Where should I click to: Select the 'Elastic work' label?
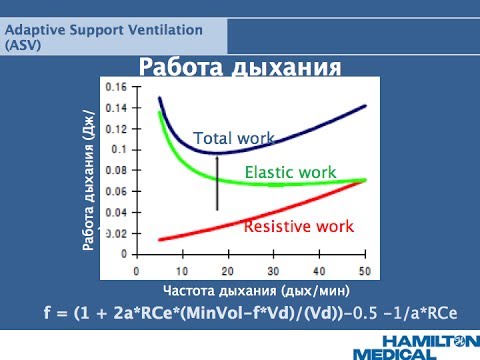292,172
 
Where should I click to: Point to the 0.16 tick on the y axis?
118,87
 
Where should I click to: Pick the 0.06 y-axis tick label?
118,191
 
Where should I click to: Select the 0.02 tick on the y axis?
118,233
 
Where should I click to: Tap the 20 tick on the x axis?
228,271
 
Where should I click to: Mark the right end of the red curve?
365,181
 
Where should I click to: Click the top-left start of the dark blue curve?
160,98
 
